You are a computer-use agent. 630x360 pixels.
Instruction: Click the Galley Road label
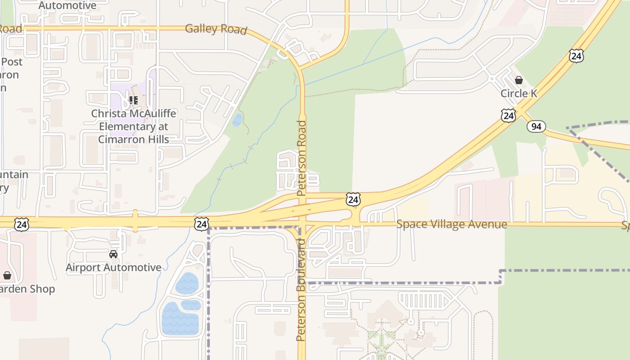tap(216, 29)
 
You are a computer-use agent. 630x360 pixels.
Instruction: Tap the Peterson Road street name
tap(301, 157)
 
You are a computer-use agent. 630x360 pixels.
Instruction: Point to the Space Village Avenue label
tap(451, 224)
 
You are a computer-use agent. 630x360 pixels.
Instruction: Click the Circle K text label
tap(519, 94)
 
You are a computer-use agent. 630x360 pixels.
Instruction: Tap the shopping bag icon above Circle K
tap(519, 81)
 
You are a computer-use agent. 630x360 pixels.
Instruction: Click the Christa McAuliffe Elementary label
tap(134, 126)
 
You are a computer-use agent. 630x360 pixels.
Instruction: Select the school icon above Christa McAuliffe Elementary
tap(133, 100)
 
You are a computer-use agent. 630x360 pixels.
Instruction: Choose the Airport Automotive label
tap(113, 267)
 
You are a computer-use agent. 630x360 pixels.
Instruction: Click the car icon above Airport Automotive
tap(113, 254)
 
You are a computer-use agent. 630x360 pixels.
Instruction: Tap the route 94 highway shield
tap(536, 126)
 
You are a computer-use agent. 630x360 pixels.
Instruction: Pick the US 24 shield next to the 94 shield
tap(508, 115)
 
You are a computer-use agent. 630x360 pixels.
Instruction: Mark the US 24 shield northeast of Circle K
tap(576, 56)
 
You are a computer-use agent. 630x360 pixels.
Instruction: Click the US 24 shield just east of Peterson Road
tap(353, 199)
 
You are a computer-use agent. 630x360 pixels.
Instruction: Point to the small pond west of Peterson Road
tap(237, 120)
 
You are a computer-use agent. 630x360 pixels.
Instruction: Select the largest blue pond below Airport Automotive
tap(180, 319)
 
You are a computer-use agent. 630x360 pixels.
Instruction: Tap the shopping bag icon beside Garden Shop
tap(7, 275)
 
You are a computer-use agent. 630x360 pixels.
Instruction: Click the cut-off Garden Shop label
tap(27, 289)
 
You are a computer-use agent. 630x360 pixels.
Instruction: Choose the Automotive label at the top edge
tap(67, 5)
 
